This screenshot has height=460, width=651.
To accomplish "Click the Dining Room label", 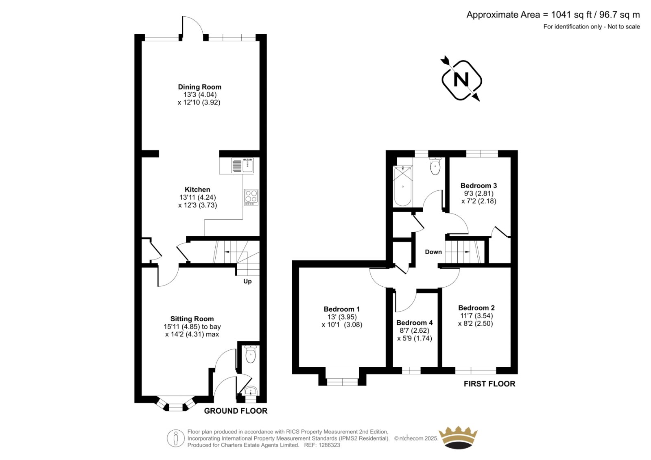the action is point(200,87).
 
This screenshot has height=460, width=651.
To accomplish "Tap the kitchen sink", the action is point(242,166).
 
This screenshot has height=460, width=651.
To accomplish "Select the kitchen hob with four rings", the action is point(251,197).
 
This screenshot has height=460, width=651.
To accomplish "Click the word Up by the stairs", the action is point(248,281).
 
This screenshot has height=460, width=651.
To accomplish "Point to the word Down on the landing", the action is point(433,252).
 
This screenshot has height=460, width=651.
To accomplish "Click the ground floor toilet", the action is point(250,354).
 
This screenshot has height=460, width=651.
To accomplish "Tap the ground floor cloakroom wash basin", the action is point(251,391).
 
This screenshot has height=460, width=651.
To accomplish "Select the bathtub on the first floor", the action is point(403,186).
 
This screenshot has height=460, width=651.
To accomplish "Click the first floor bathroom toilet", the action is point(435,166).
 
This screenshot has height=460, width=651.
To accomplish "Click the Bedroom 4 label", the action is point(415,323).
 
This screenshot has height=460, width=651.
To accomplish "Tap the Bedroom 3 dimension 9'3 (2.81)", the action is point(478,193).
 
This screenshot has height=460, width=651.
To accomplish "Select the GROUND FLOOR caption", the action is point(236,411).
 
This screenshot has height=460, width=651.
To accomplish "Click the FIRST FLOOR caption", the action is point(489,384).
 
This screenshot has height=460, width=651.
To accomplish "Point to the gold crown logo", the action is point(458,437).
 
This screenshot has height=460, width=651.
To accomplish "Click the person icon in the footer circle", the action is point(175,438).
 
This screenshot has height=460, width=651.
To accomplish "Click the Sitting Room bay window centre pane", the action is point(176,408).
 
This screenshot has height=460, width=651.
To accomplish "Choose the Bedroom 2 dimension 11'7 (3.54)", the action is point(476,316).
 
